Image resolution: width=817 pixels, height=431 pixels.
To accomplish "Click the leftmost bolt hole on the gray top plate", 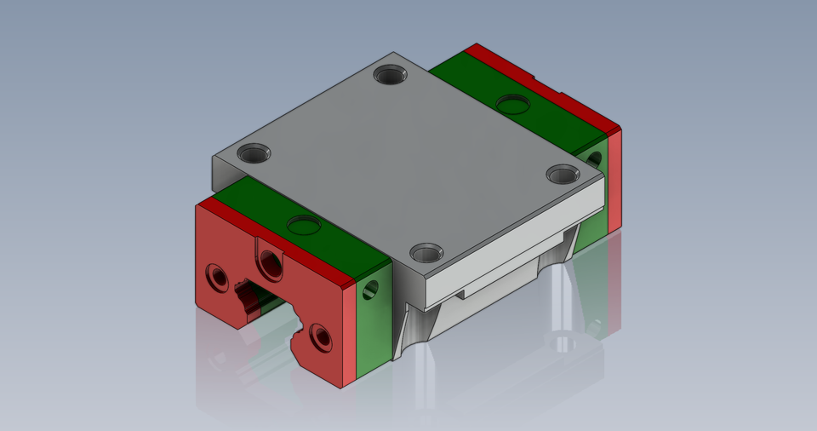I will click(254, 154).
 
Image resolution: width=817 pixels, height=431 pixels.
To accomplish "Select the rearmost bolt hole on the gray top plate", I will click(392, 76).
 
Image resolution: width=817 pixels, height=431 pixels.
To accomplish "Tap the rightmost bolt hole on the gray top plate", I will click(562, 175).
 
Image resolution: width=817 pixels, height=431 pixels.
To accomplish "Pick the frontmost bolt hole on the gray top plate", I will click(426, 253).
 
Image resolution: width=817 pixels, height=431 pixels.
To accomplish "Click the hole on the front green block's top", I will click(304, 226).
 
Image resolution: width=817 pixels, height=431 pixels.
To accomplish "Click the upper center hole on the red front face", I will click(271, 265).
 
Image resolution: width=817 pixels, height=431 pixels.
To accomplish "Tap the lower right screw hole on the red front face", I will click(321, 336).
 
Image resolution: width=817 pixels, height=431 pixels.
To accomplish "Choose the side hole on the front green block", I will click(370, 290).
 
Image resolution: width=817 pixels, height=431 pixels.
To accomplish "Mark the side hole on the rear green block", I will click(593, 159).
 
